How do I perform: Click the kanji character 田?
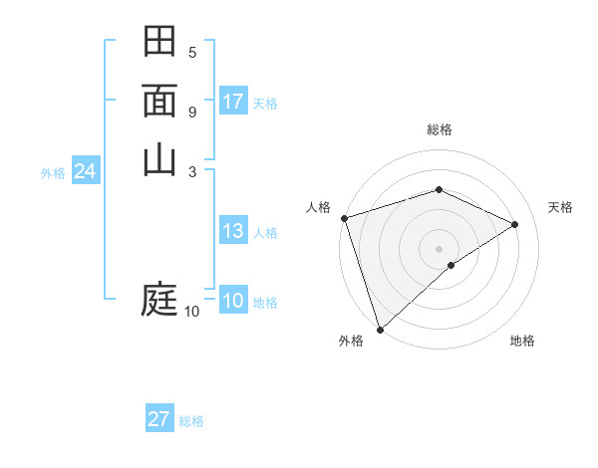(x=160, y=42)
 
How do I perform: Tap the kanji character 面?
(x=160, y=102)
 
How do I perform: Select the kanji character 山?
(x=160, y=159)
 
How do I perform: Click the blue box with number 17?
(x=233, y=102)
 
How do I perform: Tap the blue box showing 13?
(x=233, y=231)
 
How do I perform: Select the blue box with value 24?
(x=86, y=171)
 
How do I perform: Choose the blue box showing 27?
(x=159, y=419)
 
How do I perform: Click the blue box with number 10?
(x=233, y=301)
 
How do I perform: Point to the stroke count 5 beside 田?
(x=192, y=52)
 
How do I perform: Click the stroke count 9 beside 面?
(x=192, y=112)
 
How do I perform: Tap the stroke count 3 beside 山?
(x=192, y=170)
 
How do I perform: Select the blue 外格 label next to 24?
(x=53, y=172)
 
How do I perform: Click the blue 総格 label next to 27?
(x=191, y=421)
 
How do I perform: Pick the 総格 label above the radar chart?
(x=440, y=129)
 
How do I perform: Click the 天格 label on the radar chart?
(x=561, y=207)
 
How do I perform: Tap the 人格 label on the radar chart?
(x=318, y=207)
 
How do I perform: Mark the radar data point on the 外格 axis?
(x=380, y=329)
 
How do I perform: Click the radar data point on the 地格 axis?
(x=451, y=265)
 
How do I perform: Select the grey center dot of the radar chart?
(x=440, y=248)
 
